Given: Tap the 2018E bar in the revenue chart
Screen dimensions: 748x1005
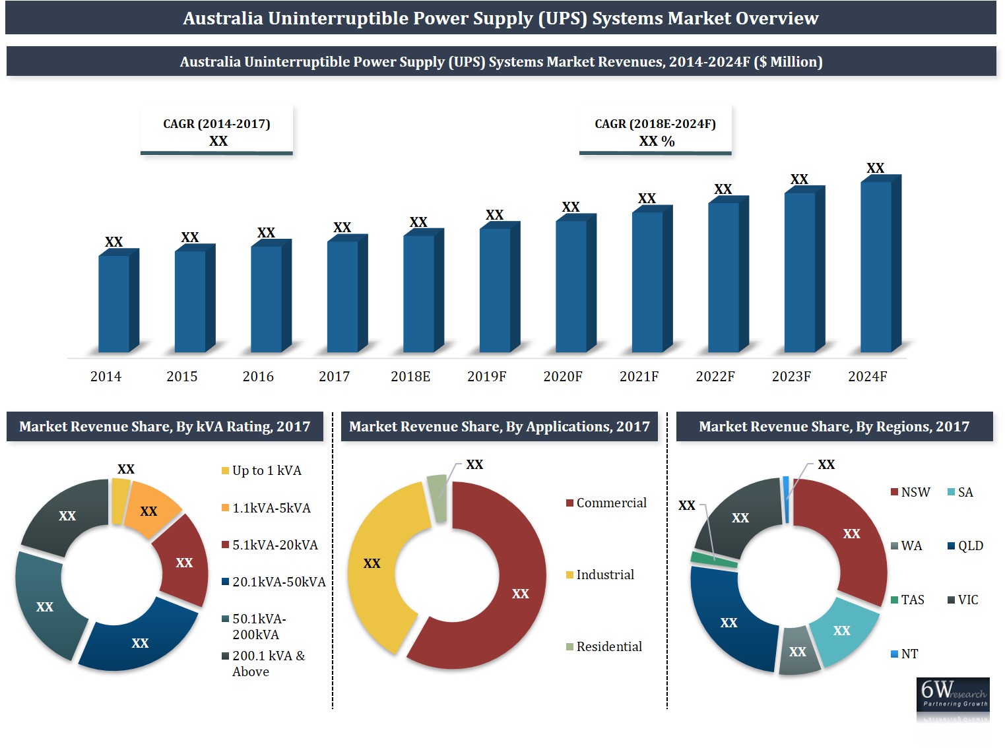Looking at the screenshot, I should [x=419, y=293].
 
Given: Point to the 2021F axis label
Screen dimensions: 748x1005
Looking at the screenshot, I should [x=639, y=377].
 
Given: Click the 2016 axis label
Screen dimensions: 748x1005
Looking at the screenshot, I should [x=258, y=377].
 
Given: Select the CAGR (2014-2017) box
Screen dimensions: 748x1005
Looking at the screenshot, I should [x=216, y=131].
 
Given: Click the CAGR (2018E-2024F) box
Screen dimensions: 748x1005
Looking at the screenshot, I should [x=655, y=131].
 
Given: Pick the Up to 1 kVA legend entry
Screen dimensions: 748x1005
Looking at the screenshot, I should [x=262, y=471].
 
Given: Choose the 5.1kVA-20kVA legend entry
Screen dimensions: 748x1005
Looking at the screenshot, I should [x=270, y=545].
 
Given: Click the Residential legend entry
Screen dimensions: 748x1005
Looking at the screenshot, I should [x=604, y=647].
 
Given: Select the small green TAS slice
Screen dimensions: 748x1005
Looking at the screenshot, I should [x=713, y=559].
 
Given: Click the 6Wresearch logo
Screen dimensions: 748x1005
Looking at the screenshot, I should [x=953, y=695].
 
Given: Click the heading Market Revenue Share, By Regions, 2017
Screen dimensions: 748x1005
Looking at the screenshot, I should [x=834, y=427].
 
